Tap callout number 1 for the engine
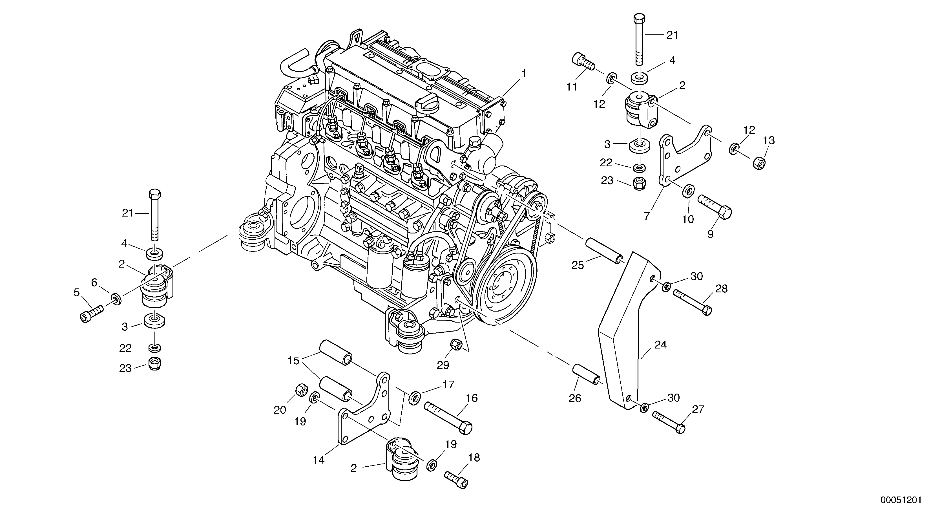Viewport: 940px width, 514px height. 524,74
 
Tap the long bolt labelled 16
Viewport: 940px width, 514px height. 447,417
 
